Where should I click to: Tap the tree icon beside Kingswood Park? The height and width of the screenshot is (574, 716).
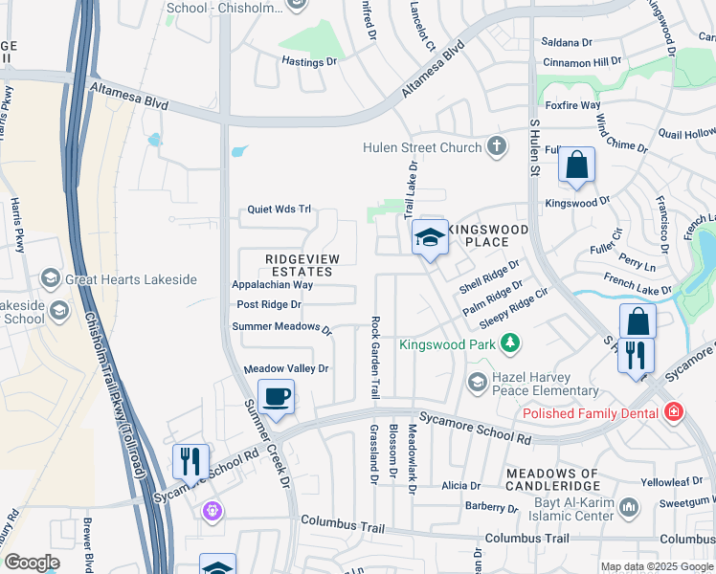[x=512, y=342]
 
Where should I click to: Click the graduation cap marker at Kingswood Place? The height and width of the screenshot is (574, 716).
[x=430, y=237]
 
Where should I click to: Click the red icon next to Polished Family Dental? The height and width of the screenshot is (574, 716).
[x=674, y=412]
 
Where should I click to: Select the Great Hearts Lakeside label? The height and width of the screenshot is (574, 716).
[x=131, y=279]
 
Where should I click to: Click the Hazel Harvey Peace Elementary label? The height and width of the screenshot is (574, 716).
[x=546, y=384]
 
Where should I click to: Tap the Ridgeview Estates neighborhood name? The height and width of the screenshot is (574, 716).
[x=300, y=265]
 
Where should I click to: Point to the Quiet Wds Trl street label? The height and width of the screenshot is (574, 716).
[x=280, y=210]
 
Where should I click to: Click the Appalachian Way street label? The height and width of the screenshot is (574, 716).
[x=273, y=285]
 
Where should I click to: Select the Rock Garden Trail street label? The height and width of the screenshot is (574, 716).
[x=375, y=358]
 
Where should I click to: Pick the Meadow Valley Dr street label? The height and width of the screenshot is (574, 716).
[x=286, y=368]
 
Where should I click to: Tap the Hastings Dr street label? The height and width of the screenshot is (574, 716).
[x=309, y=61]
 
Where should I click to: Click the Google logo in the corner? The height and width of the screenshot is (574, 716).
[x=32, y=563]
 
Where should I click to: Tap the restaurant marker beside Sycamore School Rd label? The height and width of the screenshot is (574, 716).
[x=190, y=460]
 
